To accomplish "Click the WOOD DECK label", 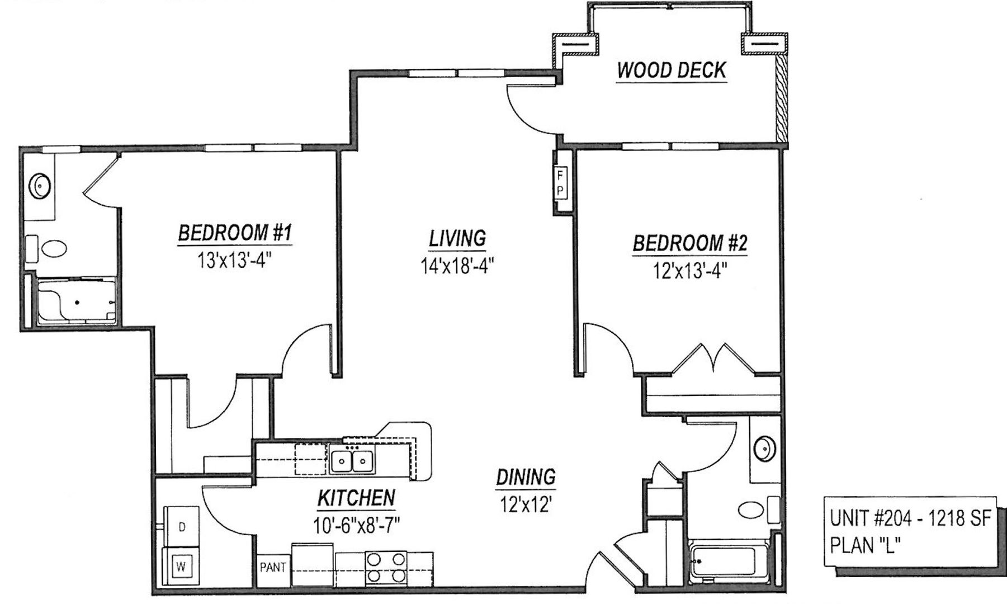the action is [671, 70].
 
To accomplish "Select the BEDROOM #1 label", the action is [235, 233].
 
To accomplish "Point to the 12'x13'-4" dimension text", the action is [689, 271].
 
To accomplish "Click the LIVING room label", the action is [457, 239].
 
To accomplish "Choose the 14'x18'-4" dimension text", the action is [457, 266].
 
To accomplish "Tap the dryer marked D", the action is [181, 527].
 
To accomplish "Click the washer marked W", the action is [181, 566].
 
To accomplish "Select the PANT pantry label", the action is [273, 568].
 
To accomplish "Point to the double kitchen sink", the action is [352, 461].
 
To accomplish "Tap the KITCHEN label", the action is [356, 498].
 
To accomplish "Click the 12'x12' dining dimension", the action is [526, 504].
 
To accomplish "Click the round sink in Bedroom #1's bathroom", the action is [40, 185].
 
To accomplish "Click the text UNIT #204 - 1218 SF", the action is [910, 518].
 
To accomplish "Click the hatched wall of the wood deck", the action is [781, 98].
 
